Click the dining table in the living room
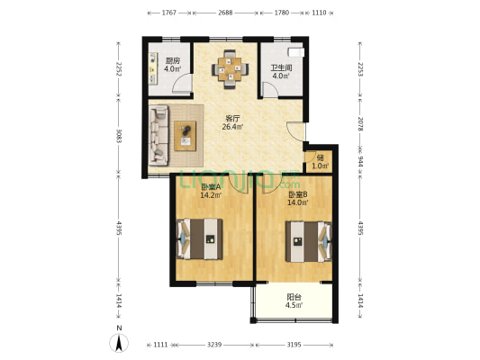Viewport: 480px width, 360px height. [230, 69]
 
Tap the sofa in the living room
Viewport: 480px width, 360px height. [158, 135]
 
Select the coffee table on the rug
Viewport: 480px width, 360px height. [185, 136]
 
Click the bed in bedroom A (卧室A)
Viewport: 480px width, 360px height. [200, 238]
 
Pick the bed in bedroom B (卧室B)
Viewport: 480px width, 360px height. [309, 241]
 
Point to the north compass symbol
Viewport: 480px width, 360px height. [119, 343]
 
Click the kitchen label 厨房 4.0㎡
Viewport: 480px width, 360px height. [172, 65]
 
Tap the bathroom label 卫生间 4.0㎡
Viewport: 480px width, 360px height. [281, 72]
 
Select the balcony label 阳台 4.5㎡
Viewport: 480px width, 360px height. [294, 301]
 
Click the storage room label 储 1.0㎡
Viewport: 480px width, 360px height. [321, 162]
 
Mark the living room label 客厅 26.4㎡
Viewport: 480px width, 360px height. [232, 122]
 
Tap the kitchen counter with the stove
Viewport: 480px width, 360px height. [153, 68]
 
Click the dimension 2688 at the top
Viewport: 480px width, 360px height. [225, 13]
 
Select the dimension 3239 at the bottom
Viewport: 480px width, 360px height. [214, 345]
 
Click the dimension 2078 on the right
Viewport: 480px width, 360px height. [360, 124]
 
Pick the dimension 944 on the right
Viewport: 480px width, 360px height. [360, 161]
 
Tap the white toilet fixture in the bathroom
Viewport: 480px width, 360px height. [295, 52]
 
